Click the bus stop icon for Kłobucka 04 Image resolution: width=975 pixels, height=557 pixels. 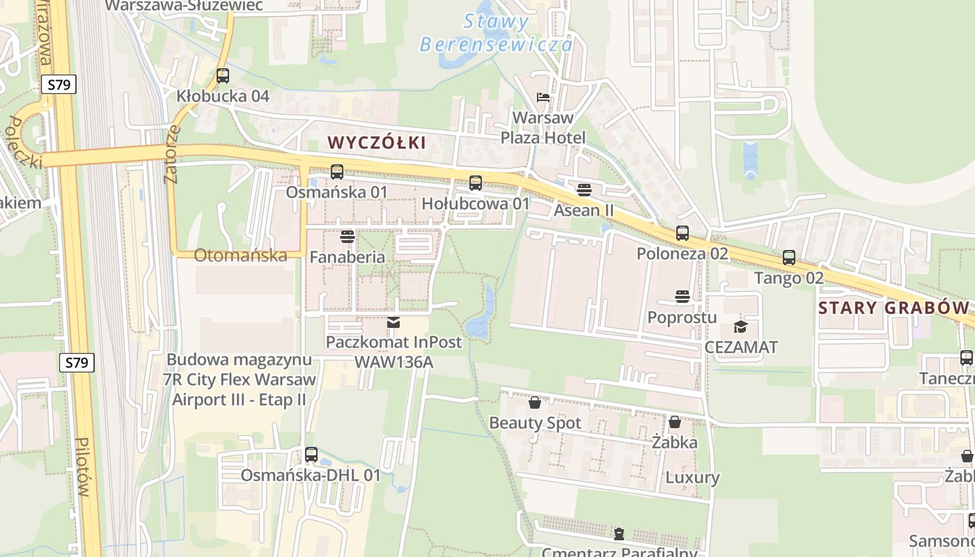click(x=223, y=76)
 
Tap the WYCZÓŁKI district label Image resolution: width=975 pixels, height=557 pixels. click(x=376, y=143)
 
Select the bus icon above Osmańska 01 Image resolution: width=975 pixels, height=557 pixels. click(x=337, y=171)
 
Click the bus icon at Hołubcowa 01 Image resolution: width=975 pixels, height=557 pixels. click(x=476, y=183)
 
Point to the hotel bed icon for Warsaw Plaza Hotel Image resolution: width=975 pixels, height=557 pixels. click(x=543, y=97)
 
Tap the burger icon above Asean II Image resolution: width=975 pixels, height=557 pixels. click(x=584, y=189)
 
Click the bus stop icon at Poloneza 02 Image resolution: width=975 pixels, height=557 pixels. click(x=682, y=233)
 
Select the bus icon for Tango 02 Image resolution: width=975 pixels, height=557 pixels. click(x=789, y=258)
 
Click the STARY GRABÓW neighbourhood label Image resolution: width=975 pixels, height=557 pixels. click(x=894, y=308)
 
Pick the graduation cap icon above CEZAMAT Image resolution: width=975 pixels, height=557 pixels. click(x=740, y=327)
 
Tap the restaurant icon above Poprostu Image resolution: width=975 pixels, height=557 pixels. click(x=682, y=297)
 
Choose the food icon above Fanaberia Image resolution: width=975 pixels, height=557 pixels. click(x=348, y=237)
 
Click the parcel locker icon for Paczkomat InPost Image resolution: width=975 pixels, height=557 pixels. click(x=393, y=322)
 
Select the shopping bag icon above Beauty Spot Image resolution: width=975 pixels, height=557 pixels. click(x=535, y=402)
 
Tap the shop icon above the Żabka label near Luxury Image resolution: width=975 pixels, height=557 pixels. click(x=674, y=422)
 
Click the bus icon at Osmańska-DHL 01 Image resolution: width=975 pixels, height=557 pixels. click(x=311, y=455)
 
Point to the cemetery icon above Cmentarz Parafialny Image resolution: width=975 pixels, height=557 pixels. click(x=618, y=534)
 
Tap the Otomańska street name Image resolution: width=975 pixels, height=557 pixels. click(x=240, y=256)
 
